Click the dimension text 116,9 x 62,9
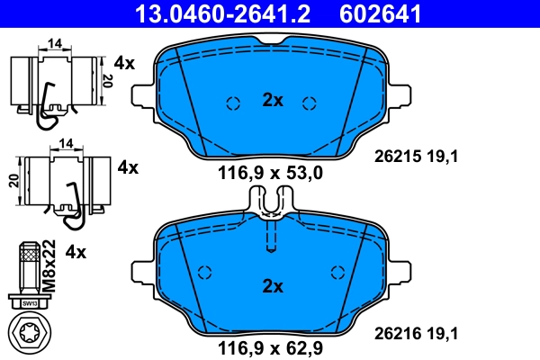(271, 346)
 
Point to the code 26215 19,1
(417, 156)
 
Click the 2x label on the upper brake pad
(272, 101)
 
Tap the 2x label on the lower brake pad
(272, 287)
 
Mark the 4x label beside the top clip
(124, 63)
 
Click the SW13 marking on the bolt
(31, 303)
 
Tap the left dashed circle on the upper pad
(233, 103)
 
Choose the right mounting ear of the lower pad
(401, 267)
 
